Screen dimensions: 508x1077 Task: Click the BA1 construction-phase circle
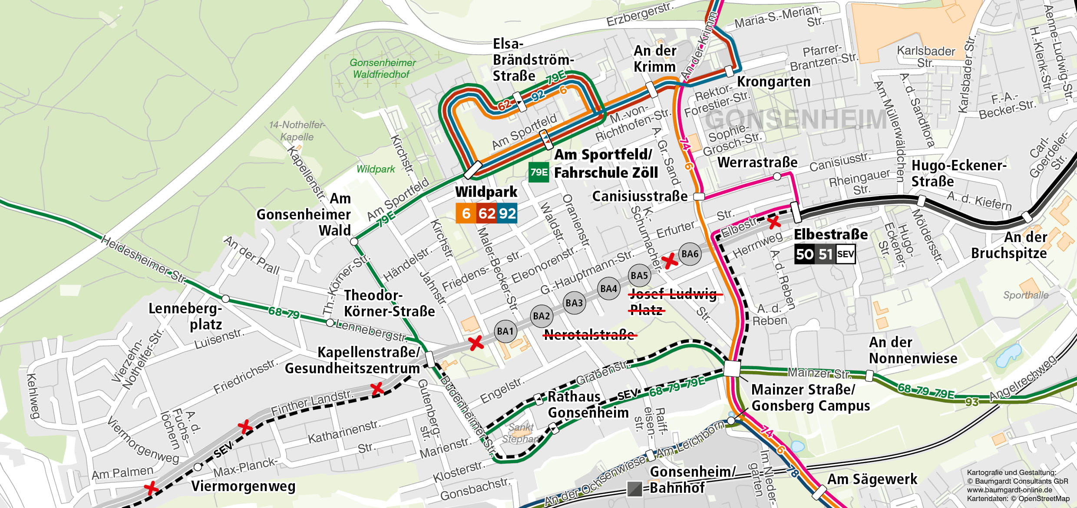(505, 332)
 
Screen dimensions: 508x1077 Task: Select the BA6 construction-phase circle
(690, 254)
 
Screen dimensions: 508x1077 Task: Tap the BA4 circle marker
(608, 289)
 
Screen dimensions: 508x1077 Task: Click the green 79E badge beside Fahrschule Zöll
(538, 173)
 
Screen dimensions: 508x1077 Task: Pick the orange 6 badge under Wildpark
(466, 213)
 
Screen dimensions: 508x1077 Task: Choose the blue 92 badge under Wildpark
(507, 213)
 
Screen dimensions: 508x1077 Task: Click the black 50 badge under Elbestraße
(804, 254)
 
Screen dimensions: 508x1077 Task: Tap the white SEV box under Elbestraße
(845, 254)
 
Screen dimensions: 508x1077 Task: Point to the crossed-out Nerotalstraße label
(590, 335)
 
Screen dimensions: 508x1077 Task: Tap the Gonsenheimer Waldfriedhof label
(382, 69)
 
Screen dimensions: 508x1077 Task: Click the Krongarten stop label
(773, 82)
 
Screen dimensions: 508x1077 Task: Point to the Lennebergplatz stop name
(186, 316)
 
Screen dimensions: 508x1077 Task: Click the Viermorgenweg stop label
(243, 486)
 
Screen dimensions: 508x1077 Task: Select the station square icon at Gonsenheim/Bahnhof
(634, 489)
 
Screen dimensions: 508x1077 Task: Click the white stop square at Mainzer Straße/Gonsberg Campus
(732, 369)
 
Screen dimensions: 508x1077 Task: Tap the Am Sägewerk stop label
(872, 479)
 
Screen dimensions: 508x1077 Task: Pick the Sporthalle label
(1025, 296)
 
